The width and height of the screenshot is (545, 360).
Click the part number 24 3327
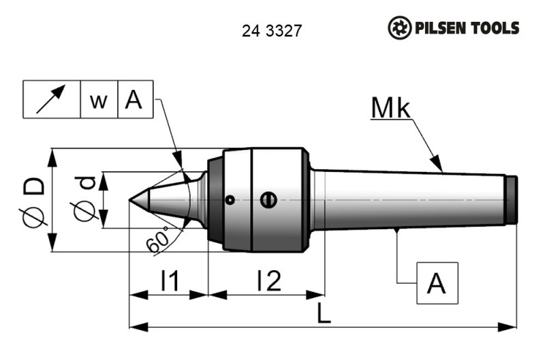272,31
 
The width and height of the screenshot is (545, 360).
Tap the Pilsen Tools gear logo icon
400,29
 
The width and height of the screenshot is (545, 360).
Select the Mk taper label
392,108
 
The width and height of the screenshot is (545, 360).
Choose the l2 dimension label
268,280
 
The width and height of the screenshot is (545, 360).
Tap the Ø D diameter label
36,200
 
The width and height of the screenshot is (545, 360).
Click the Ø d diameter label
85,200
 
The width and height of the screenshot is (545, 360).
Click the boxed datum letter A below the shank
436,282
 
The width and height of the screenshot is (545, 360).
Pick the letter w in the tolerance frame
99,101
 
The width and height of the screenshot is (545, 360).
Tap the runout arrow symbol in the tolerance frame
52,100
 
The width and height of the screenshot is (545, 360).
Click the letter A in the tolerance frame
134,100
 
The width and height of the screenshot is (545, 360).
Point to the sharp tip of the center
130,200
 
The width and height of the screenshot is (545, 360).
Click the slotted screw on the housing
268,200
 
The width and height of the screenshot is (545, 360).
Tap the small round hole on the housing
231,200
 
